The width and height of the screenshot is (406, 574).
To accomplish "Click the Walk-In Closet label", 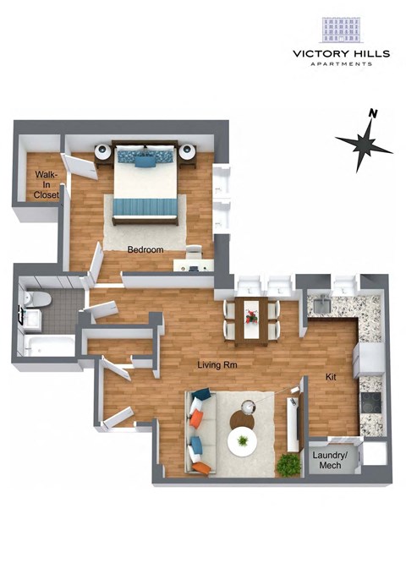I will (x=46, y=184).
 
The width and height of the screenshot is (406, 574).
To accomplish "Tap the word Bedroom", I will (x=145, y=250).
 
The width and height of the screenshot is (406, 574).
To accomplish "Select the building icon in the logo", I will (x=342, y=30).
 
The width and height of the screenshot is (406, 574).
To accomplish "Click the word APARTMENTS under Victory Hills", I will (x=342, y=63).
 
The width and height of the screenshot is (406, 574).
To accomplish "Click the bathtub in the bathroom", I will (x=50, y=346).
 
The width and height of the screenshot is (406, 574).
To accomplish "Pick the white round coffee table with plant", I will (x=244, y=440).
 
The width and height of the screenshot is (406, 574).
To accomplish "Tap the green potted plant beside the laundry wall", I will (x=290, y=464).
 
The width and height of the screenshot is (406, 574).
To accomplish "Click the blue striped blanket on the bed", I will (x=146, y=205).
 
